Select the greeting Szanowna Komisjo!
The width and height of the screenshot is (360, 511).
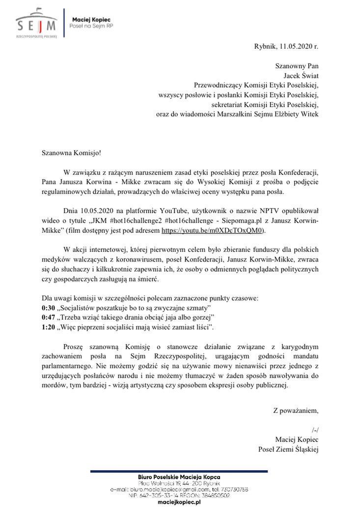point(71,153)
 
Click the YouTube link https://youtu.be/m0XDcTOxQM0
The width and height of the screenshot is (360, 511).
point(216,229)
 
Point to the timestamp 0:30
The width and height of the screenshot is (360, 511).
point(49,308)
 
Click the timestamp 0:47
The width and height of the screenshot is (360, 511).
point(49,317)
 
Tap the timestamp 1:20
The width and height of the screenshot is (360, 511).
point(49,326)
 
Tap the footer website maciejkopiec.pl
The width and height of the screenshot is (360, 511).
point(179,502)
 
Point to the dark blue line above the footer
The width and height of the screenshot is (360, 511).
point(179,471)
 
